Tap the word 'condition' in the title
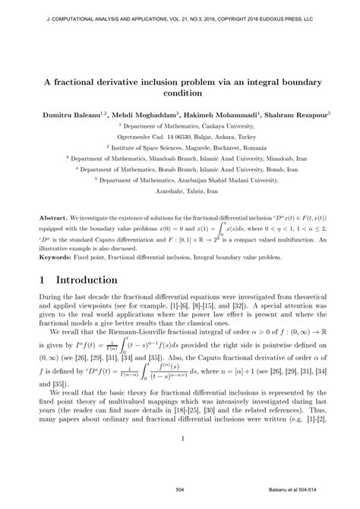[179, 93]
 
